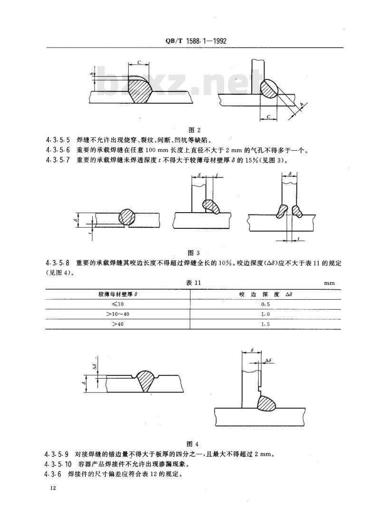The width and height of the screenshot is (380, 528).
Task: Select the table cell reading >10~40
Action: (117, 314)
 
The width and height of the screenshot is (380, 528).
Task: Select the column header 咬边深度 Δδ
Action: (264, 293)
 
